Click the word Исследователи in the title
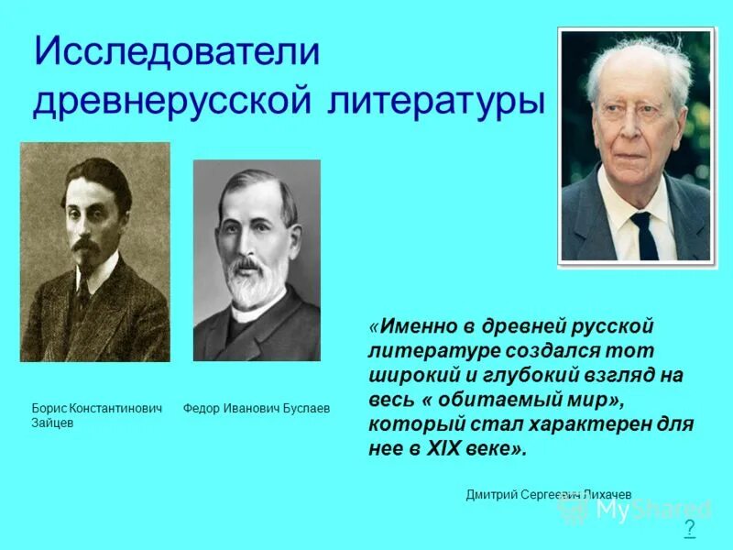(176, 52)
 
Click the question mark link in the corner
(689, 529)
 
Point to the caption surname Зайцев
(52, 423)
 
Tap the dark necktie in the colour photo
(644, 234)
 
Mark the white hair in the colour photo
(641, 60)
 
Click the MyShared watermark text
(652, 510)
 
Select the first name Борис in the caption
(49, 408)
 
